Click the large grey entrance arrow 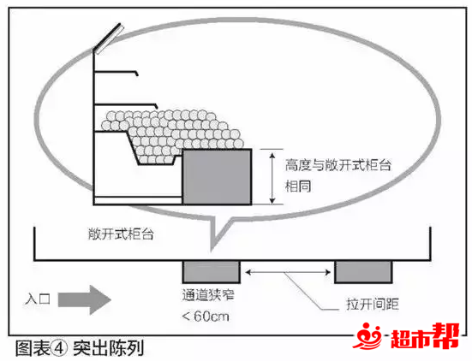tap(85, 299)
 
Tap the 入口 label tap(38, 299)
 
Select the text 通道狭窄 tap(208, 295)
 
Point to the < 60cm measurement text tap(206, 317)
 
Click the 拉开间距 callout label tap(373, 304)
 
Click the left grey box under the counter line tap(212, 272)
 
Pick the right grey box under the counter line tap(363, 272)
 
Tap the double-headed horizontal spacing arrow tap(288, 272)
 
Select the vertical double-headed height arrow tap(272, 178)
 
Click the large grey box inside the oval tap(217, 177)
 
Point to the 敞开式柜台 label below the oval tap(121, 234)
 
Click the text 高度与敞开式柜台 tap(338, 165)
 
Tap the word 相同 tap(298, 186)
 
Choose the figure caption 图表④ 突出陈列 tap(80, 348)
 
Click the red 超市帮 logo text tap(425, 337)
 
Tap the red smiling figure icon tap(367, 335)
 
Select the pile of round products tap(171, 135)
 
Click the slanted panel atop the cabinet tap(109, 38)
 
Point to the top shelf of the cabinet tap(117, 72)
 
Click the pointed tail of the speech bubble tap(212, 249)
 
